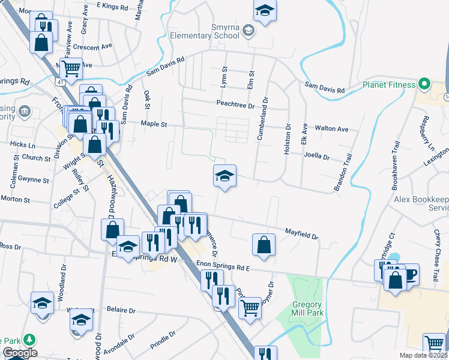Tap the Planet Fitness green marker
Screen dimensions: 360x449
point(425,84)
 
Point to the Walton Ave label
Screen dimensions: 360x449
point(332,129)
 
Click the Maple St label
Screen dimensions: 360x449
point(153,124)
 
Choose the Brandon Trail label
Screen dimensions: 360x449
point(345,172)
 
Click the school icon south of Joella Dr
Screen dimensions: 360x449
point(224,176)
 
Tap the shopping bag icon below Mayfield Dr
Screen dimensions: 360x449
point(264,244)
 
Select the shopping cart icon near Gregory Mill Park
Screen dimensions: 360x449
point(250,308)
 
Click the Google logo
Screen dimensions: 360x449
point(20,353)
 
